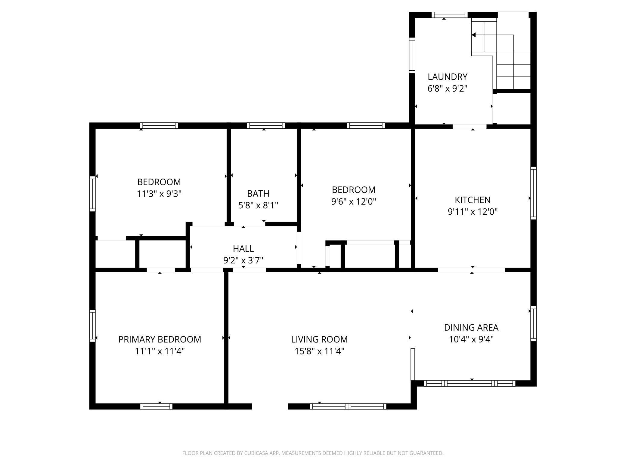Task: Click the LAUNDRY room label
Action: point(448,77)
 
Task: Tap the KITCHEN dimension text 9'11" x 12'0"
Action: point(473,212)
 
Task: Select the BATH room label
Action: point(258,193)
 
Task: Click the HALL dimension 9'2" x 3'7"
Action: point(243,260)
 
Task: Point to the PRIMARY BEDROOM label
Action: point(160,339)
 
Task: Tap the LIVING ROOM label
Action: point(319,339)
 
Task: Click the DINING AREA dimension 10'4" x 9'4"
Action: point(471,339)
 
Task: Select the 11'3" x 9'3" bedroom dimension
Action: point(159,194)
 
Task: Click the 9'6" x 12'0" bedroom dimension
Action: point(354,201)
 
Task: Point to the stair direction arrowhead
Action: point(473,35)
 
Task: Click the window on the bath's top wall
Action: point(266,126)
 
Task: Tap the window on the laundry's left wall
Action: point(412,55)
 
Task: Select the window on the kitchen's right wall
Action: point(533,193)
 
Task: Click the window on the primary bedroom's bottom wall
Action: point(156,406)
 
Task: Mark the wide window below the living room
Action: point(348,406)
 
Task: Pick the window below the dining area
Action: point(469,383)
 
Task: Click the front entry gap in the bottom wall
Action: point(270,406)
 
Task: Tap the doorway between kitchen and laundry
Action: point(469,126)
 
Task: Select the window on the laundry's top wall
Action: point(450,15)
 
